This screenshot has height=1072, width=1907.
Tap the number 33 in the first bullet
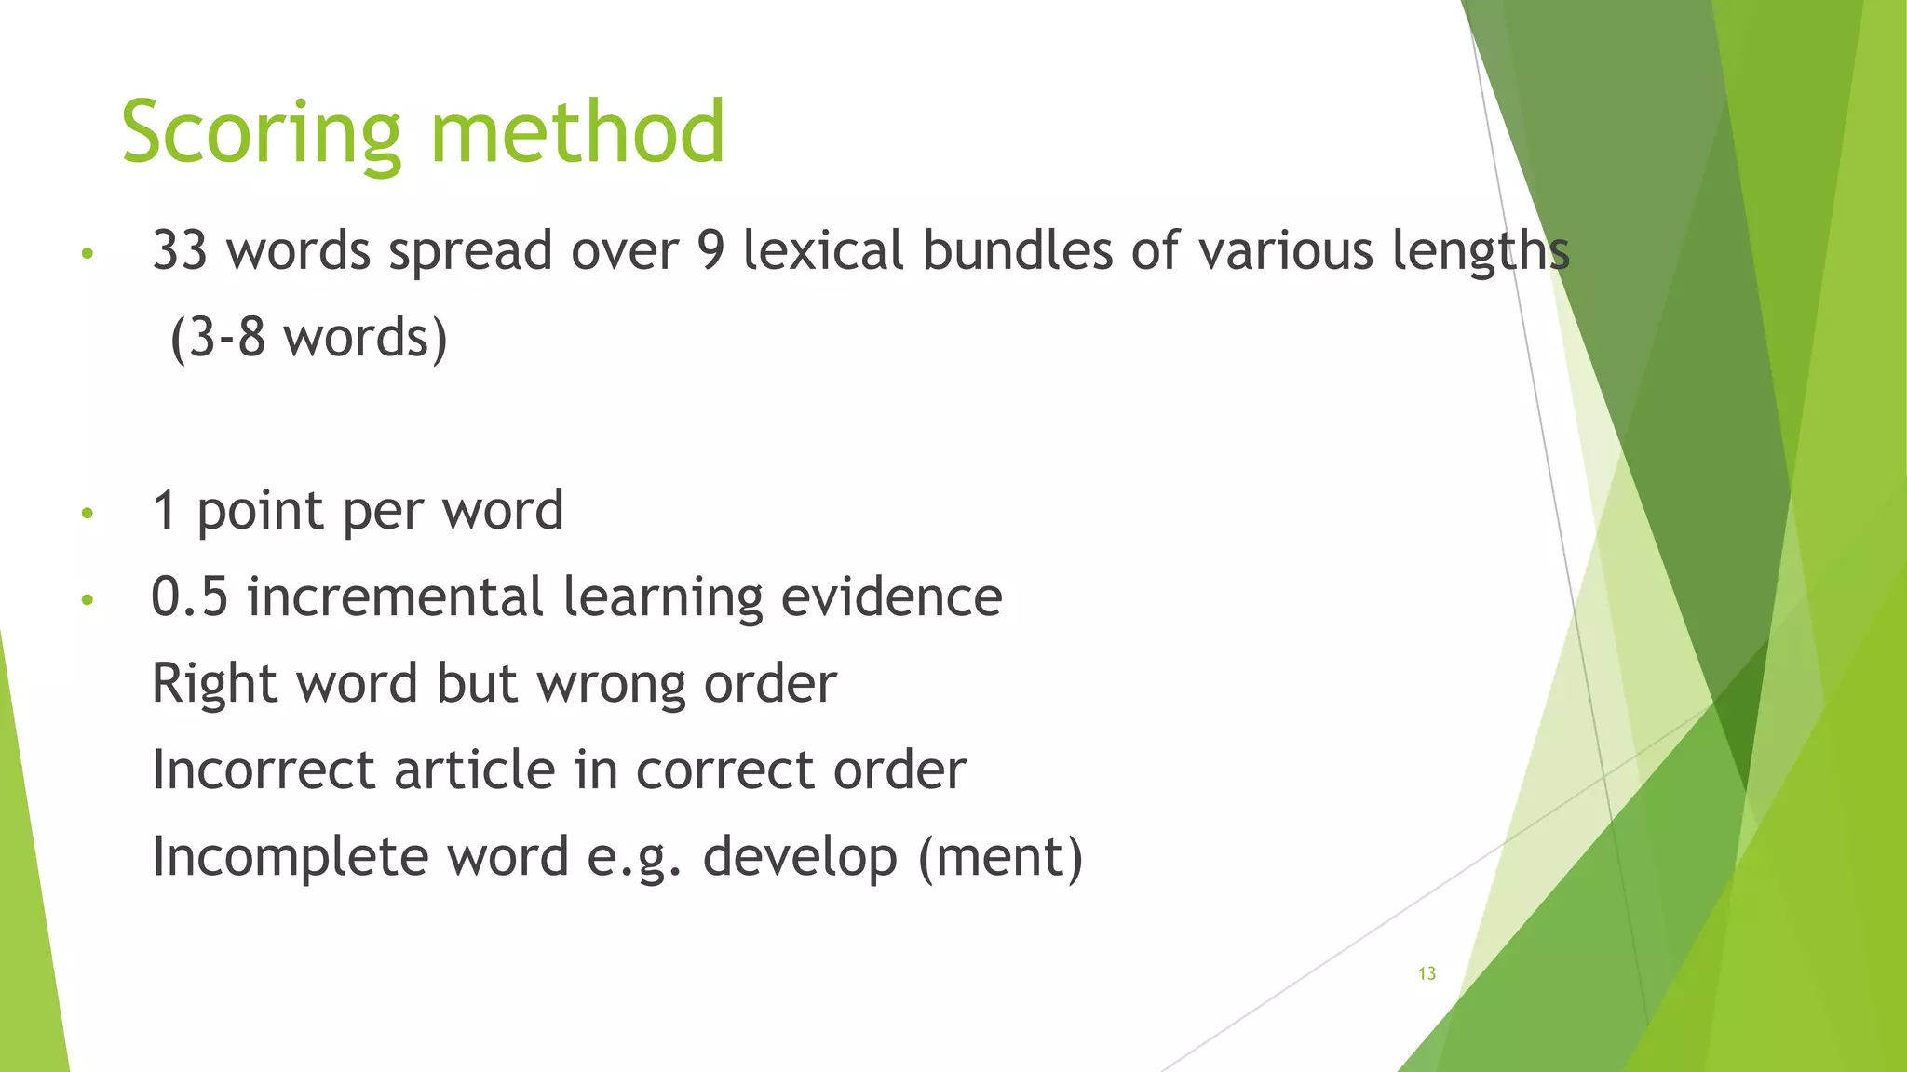click(x=180, y=250)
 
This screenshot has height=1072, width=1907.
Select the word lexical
click(x=823, y=250)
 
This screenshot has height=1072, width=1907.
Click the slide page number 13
click(x=1427, y=973)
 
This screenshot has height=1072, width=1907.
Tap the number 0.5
click(x=189, y=596)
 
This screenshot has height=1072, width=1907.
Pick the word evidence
click(x=891, y=596)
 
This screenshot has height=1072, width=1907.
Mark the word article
click(x=474, y=770)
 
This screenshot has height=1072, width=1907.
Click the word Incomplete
click(x=290, y=856)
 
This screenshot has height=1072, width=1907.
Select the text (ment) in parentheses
click(x=1001, y=856)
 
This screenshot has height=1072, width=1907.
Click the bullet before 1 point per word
click(x=88, y=513)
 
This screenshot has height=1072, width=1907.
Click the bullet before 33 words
click(x=88, y=253)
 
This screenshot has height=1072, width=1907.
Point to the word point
click(x=260, y=511)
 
